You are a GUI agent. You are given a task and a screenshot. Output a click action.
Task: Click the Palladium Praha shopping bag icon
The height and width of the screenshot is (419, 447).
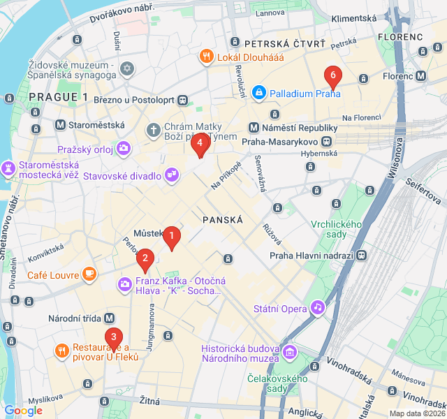click(x=259, y=92)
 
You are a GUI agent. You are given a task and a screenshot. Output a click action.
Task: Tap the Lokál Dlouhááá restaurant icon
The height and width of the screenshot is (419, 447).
click(x=206, y=57)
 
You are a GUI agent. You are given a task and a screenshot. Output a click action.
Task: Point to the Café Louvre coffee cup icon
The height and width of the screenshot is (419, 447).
click(x=89, y=274)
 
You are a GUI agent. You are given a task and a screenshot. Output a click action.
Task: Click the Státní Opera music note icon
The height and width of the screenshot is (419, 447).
click(x=318, y=307)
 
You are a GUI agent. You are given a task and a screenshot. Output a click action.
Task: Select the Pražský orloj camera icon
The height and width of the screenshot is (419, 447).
click(x=124, y=147)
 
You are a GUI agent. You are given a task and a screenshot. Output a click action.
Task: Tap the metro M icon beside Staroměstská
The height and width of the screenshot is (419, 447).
click(x=61, y=126)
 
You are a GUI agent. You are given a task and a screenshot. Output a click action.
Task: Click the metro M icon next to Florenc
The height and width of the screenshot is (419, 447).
click(x=421, y=76)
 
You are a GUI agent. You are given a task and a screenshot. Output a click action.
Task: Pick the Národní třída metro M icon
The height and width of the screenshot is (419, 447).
click(x=110, y=318)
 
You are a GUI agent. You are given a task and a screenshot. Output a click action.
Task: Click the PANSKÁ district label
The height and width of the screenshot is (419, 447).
click(x=222, y=219)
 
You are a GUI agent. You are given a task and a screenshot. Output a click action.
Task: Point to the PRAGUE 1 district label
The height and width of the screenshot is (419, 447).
click(x=59, y=97)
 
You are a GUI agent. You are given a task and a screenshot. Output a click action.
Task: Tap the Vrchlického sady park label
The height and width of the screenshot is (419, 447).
click(x=337, y=228)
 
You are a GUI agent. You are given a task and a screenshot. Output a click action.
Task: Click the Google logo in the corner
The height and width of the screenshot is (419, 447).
click(x=23, y=411)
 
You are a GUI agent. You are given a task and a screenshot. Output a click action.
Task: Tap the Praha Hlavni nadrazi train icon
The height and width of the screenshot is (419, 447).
click(x=362, y=255)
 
